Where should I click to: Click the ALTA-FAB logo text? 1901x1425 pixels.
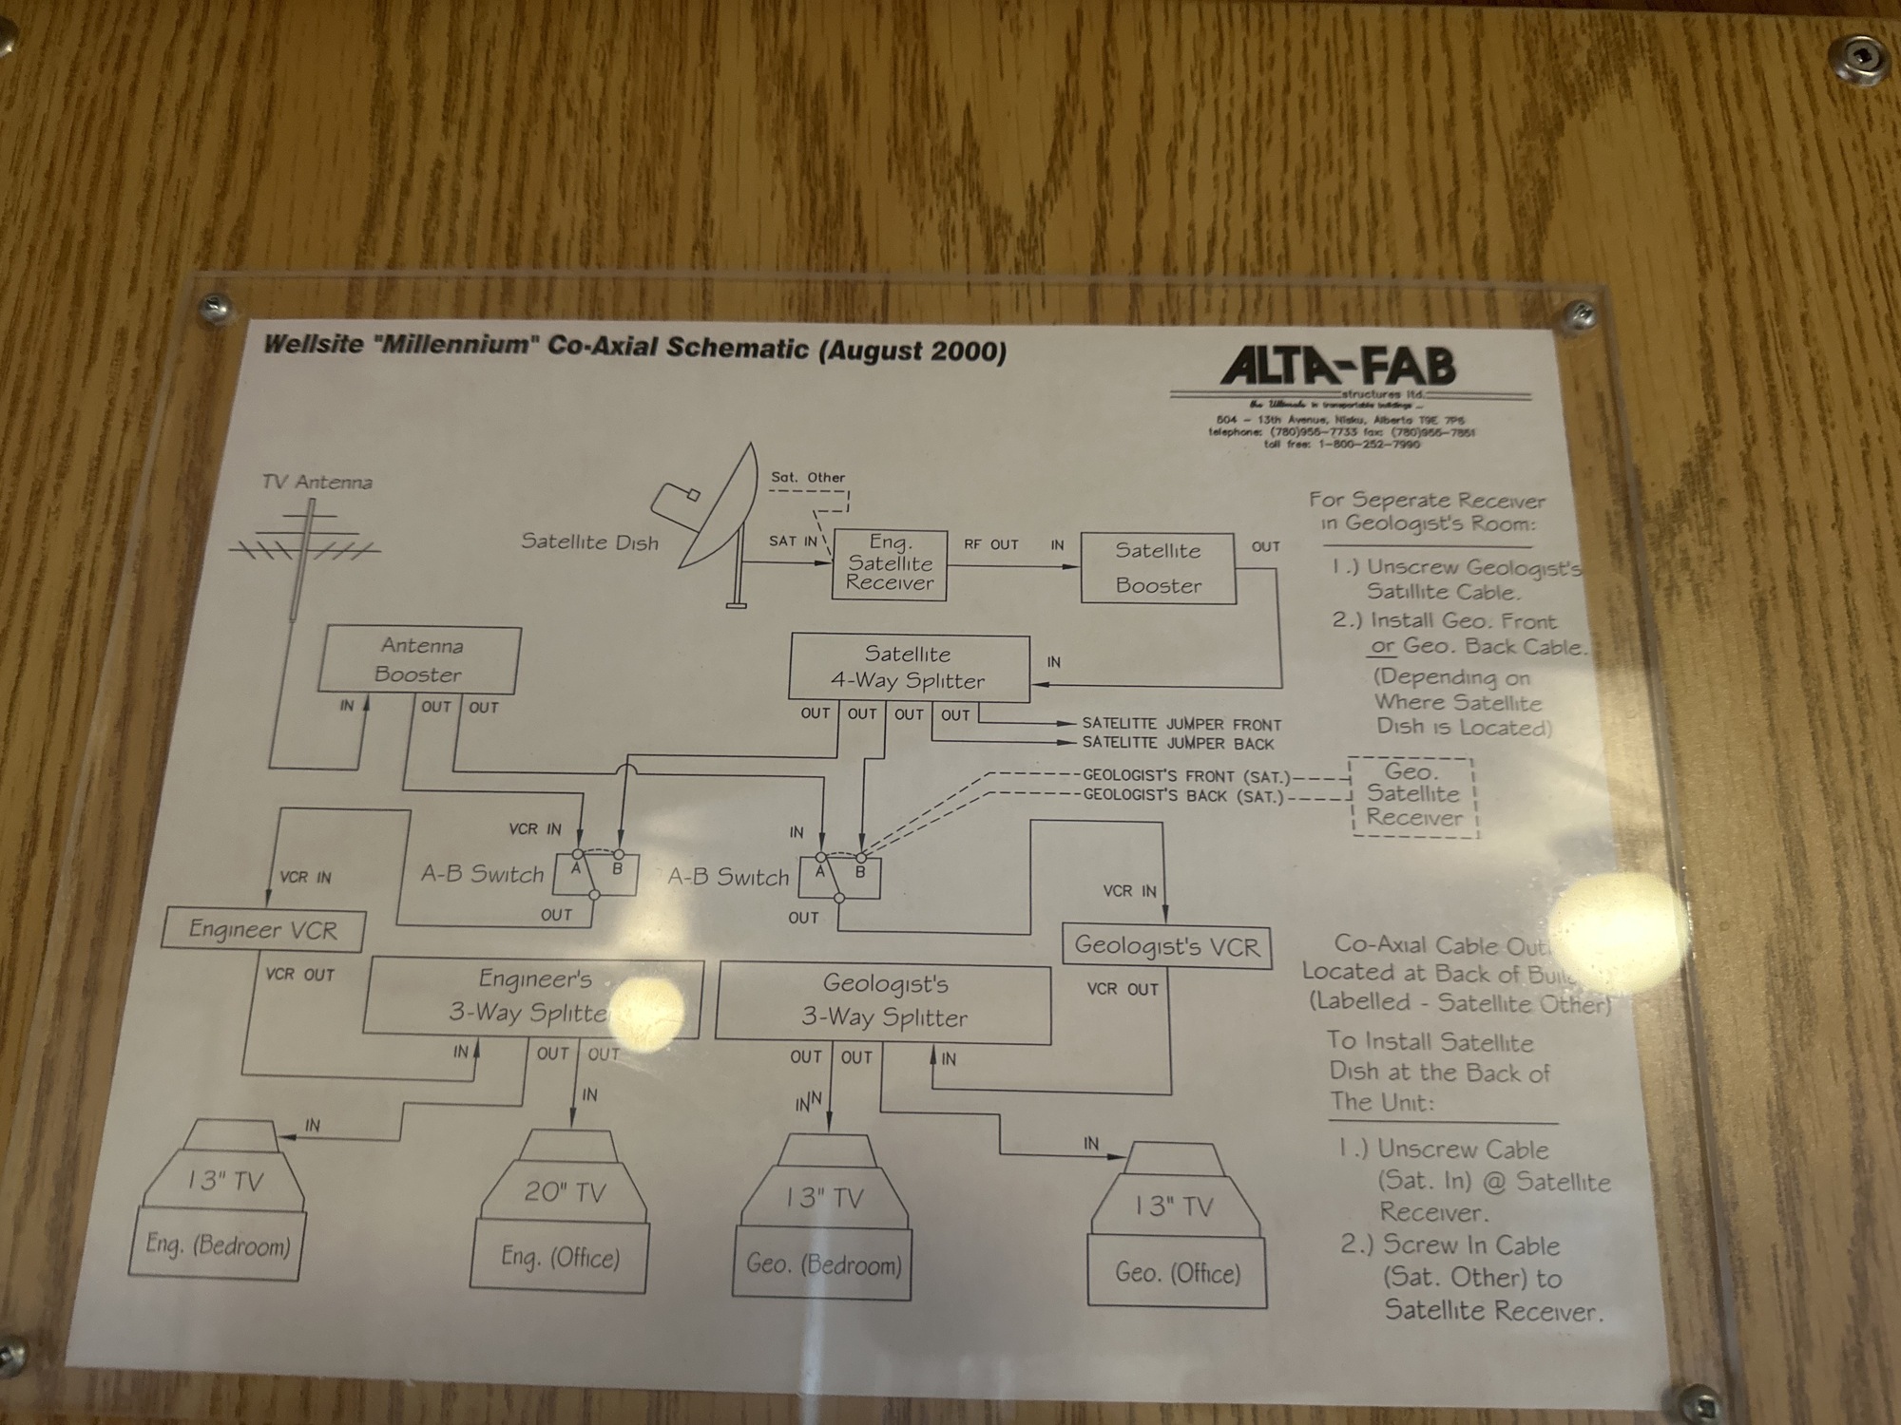pyautogui.click(x=1338, y=366)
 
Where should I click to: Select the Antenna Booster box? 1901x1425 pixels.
pyautogui.click(x=419, y=660)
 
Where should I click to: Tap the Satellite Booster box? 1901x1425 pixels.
pyautogui.click(x=1158, y=568)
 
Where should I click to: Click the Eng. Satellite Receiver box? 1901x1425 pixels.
pyautogui.click(x=890, y=564)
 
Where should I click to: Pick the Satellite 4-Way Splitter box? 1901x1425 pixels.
pyautogui.click(x=909, y=668)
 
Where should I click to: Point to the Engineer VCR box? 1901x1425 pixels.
pyautogui.click(x=263, y=929)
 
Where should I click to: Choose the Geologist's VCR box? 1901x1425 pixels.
pyautogui.click(x=1166, y=946)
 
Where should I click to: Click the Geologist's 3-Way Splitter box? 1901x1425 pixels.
pyautogui.click(x=883, y=1002)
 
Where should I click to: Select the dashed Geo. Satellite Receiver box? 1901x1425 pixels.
pyautogui.click(x=1413, y=795)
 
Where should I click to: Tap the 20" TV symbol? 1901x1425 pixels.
pyautogui.click(x=565, y=1191)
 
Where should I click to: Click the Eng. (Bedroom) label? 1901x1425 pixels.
pyautogui.click(x=218, y=1244)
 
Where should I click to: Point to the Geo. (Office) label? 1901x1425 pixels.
pyautogui.click(x=1178, y=1273)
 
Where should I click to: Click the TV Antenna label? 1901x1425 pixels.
pyautogui.click(x=317, y=482)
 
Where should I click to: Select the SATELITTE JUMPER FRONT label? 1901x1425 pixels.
pyautogui.click(x=1181, y=724)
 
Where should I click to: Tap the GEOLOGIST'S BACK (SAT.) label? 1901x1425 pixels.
pyautogui.click(x=1183, y=795)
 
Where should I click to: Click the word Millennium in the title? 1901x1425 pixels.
pyautogui.click(x=454, y=344)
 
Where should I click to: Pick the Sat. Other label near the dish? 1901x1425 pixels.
pyautogui.click(x=808, y=477)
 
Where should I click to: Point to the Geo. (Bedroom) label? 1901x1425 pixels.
pyautogui.click(x=823, y=1264)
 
